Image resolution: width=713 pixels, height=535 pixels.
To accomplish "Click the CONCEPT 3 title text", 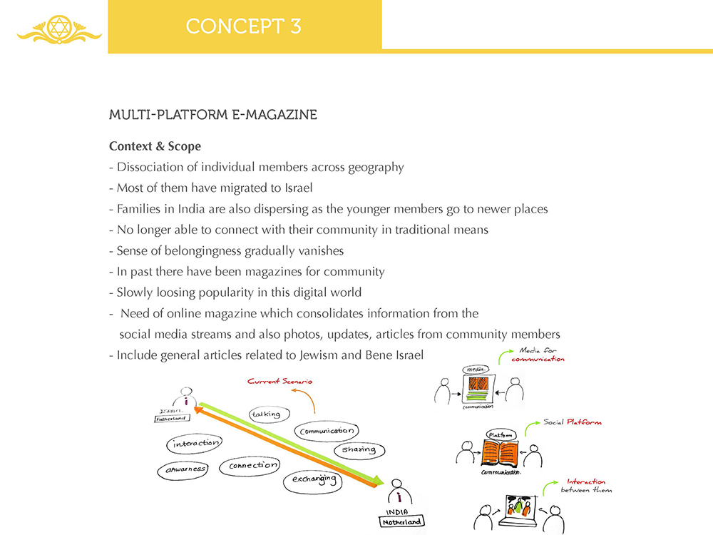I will click(243, 26).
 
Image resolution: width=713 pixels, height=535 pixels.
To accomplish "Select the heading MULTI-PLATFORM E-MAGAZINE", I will click(212, 115).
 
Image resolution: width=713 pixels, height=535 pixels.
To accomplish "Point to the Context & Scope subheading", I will click(155, 146).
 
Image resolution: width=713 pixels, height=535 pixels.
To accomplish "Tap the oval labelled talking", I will click(265, 414).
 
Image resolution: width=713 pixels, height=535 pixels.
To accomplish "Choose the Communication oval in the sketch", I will click(327, 431).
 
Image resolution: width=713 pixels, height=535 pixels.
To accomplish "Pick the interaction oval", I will click(193, 444).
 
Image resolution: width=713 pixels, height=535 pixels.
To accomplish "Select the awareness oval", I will click(183, 469).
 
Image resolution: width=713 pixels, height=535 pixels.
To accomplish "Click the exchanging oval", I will click(314, 481).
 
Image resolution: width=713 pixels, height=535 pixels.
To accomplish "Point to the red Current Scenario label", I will click(279, 382).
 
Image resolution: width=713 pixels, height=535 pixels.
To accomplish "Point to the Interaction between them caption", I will click(585, 486).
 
